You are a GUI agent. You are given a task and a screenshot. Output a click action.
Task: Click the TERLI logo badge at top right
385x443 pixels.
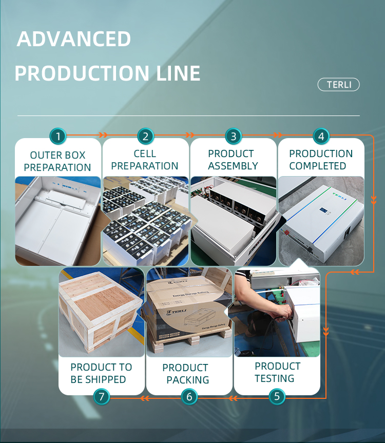(339, 85)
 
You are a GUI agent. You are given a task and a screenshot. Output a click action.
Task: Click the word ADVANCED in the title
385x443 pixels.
(74, 40)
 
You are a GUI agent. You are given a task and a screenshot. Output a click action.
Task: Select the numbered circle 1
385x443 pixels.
(58, 137)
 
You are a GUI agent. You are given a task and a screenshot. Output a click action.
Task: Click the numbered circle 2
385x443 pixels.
(146, 137)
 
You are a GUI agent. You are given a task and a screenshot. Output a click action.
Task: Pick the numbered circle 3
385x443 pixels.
(234, 137)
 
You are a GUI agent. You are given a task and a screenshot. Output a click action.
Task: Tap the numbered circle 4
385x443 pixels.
(321, 137)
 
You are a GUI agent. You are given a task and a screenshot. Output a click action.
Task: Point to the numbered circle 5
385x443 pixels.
(277, 396)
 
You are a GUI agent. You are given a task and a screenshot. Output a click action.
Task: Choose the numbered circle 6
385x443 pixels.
(189, 396)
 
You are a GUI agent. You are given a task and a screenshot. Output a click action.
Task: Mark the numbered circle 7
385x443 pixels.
(102, 396)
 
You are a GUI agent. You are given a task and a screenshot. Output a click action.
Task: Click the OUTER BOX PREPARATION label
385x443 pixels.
(57, 161)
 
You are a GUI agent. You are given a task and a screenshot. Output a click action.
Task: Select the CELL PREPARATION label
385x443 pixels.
(145, 160)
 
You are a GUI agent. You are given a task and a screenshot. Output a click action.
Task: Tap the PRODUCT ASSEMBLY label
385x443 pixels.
(233, 160)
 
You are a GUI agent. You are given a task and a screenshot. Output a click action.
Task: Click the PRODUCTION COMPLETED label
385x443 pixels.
(321, 160)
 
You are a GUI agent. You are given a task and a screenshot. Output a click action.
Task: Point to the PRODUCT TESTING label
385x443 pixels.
(277, 372)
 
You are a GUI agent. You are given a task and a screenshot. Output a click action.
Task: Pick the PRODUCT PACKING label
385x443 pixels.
(188, 374)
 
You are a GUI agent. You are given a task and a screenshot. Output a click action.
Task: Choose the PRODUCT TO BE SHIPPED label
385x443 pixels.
(101, 373)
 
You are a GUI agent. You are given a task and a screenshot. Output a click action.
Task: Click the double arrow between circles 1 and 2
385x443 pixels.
(103, 136)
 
